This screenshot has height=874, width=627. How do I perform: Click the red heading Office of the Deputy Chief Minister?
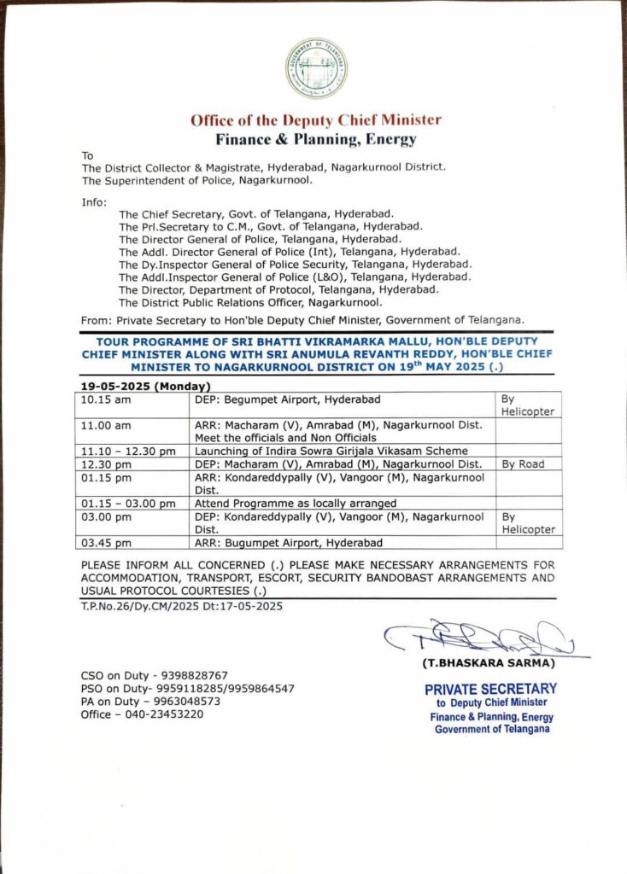(x=315, y=120)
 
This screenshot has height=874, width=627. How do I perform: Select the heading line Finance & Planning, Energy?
(x=315, y=138)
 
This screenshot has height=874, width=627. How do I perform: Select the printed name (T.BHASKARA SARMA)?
(x=487, y=663)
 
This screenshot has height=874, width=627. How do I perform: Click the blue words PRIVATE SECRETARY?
(x=490, y=688)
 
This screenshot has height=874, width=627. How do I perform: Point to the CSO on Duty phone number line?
(x=155, y=675)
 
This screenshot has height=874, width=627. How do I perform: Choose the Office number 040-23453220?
(x=143, y=714)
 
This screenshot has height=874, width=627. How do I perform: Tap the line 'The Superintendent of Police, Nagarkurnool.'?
(x=197, y=181)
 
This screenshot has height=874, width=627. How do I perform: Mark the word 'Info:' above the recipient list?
(x=94, y=202)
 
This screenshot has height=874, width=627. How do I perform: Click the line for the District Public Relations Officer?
(x=250, y=302)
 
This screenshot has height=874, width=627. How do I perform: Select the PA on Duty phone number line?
(x=151, y=702)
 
